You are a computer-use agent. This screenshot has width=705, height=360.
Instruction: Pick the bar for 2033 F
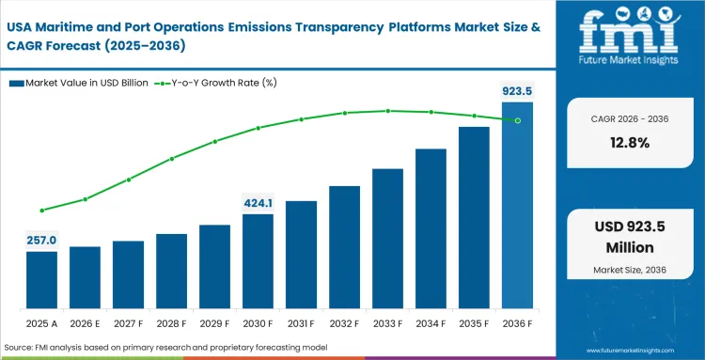click(x=387, y=239)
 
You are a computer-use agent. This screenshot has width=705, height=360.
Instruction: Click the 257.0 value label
click(x=41, y=241)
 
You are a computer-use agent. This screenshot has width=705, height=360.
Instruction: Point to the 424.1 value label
click(x=258, y=203)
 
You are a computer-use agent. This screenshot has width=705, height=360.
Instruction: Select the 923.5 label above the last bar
click(x=516, y=91)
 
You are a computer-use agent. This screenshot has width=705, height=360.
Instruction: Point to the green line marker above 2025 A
click(x=41, y=211)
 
